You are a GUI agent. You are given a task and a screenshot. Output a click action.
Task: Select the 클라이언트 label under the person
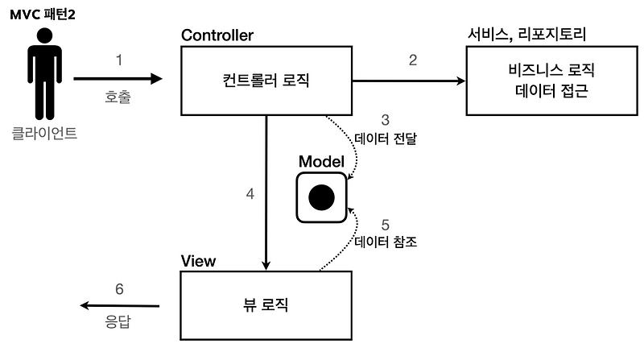(45, 133)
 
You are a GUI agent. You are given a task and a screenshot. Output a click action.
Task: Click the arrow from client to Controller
(117, 79)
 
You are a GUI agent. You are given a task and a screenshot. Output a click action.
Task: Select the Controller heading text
(217, 35)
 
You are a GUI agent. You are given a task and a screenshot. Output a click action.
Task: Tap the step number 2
(413, 60)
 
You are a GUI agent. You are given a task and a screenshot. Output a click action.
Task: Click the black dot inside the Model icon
(322, 197)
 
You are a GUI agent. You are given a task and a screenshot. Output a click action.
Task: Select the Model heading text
(321, 161)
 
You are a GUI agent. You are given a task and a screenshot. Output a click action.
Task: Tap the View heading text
(198, 261)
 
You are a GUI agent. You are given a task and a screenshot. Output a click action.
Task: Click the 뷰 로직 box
(266, 305)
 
